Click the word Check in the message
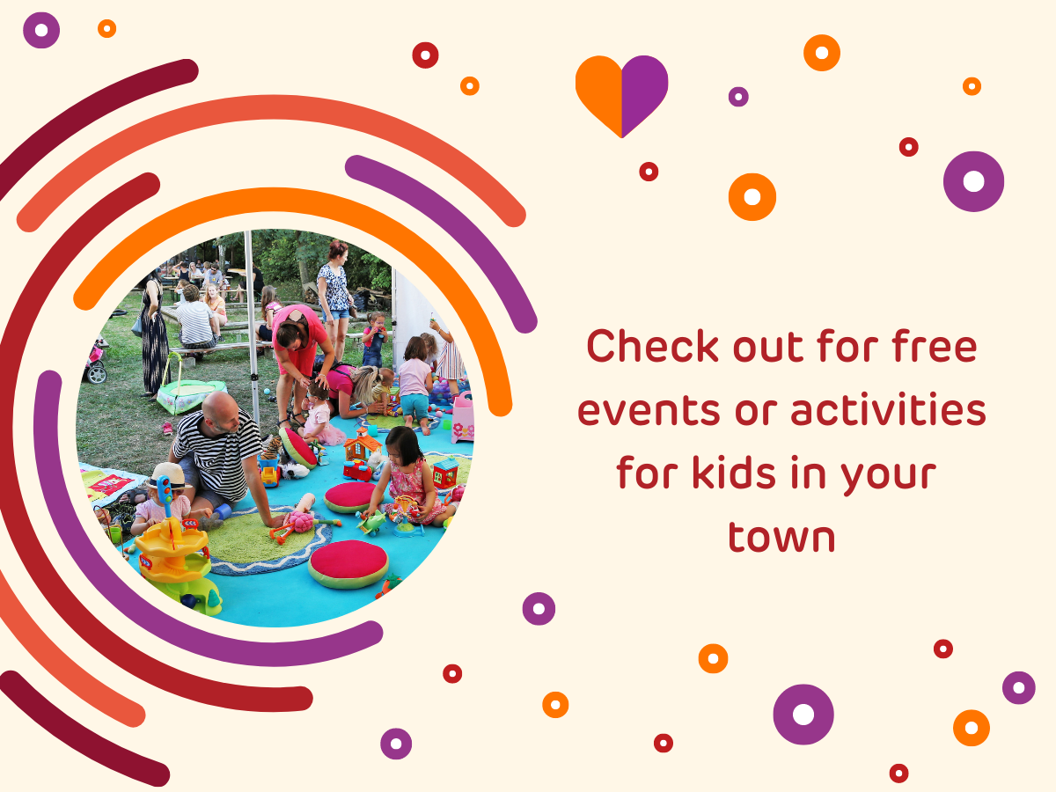(x=652, y=345)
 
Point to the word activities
(x=888, y=408)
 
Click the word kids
(x=734, y=473)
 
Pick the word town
(x=781, y=538)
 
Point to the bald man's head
(x=221, y=411)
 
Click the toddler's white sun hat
(x=167, y=475)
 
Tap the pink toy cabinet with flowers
(x=462, y=417)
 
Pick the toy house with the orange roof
(x=363, y=444)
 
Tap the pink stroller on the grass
(x=96, y=361)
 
